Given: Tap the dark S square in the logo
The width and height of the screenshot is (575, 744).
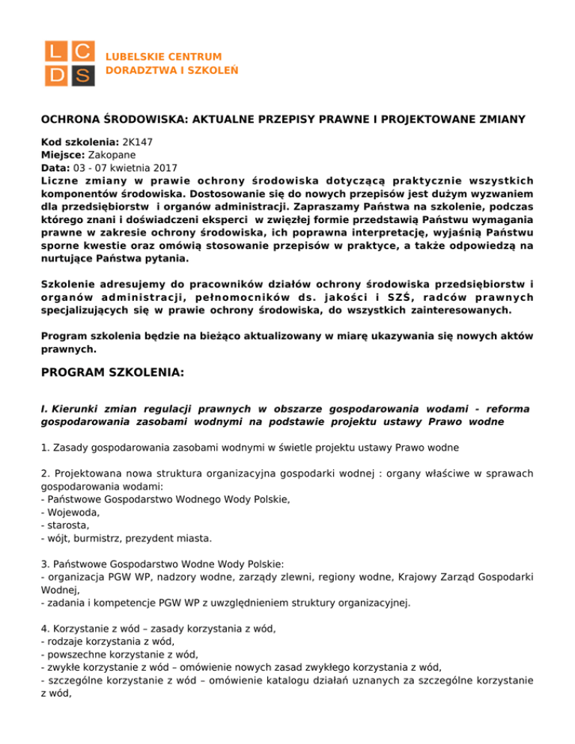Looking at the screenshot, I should point(82,75).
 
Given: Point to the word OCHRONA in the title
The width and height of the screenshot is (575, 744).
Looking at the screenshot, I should point(69,118).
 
